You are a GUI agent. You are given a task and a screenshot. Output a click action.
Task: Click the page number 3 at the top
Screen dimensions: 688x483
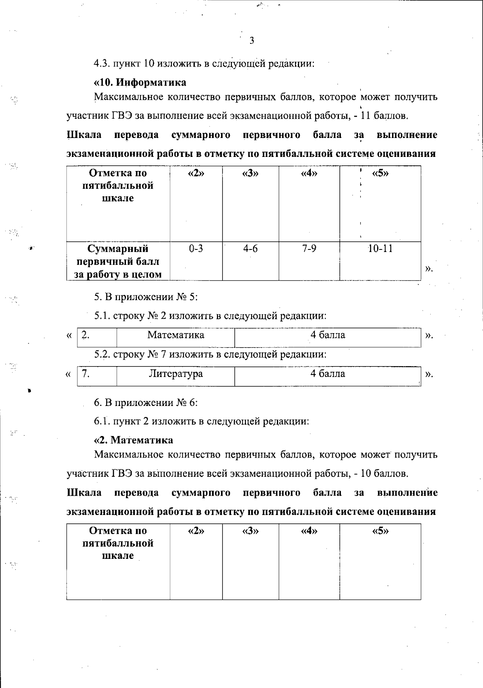(252, 40)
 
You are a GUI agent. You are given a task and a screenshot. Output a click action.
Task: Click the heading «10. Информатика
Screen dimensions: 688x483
(140, 82)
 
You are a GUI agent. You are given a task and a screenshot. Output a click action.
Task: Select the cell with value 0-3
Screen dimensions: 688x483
(196, 249)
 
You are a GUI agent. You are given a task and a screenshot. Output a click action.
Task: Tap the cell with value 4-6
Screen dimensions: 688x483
(250, 249)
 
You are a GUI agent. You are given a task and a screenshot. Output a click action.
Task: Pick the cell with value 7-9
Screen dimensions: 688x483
(309, 249)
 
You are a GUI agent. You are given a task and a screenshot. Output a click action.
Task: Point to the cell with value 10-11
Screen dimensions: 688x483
(380, 249)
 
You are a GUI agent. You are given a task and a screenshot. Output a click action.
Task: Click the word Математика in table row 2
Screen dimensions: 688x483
(175, 335)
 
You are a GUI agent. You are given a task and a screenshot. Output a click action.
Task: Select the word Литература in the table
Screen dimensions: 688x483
(175, 374)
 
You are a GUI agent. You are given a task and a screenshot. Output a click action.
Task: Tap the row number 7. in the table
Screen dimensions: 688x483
(85, 374)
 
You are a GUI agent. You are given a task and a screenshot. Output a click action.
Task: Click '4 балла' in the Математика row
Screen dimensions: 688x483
(328, 335)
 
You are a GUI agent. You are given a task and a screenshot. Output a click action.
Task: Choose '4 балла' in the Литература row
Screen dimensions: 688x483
(328, 374)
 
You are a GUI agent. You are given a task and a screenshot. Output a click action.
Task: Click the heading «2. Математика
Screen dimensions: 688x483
(134, 440)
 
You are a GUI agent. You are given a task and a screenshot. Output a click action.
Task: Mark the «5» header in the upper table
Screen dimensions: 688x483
(380, 173)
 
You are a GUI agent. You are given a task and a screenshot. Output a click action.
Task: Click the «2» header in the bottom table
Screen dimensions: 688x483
(196, 531)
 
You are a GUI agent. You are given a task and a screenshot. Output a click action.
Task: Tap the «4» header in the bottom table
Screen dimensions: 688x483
(309, 531)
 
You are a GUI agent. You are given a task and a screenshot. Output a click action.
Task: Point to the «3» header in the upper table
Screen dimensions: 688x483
(250, 173)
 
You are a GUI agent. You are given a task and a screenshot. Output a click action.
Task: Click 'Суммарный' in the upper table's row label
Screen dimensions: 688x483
(118, 249)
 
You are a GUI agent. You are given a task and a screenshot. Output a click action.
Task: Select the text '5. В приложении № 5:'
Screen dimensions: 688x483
(146, 297)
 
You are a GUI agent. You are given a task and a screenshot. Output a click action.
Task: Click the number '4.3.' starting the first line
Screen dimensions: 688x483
(102, 64)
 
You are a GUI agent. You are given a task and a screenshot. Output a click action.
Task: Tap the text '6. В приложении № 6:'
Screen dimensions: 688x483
(146, 402)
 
